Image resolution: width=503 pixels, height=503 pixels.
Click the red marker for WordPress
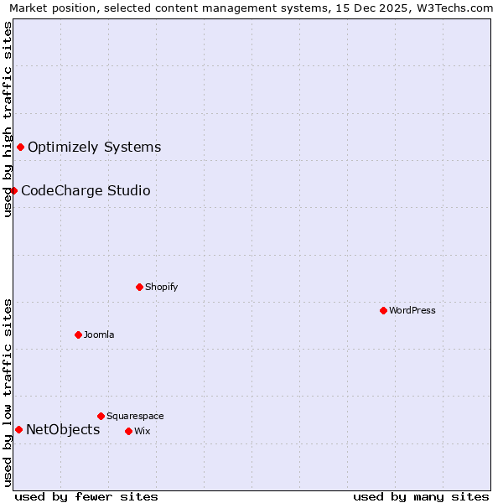click(383, 310)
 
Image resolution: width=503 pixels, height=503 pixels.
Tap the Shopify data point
click(139, 287)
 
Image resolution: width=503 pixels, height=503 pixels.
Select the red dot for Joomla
click(78, 334)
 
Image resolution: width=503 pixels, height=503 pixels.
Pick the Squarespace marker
click(101, 416)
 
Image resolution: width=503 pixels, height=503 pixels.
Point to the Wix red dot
click(128, 431)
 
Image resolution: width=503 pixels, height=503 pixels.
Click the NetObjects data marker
click(18, 430)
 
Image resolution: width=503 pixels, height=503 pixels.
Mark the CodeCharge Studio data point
click(14, 191)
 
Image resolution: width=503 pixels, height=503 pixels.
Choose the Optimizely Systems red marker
click(21, 148)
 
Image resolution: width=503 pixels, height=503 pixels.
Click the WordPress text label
click(412, 310)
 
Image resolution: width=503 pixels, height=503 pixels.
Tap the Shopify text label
click(161, 287)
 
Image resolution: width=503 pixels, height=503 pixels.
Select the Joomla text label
click(99, 334)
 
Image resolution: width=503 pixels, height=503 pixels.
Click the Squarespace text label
click(135, 416)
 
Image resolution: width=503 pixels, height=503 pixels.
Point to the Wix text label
click(142, 431)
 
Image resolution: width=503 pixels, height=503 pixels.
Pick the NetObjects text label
click(63, 430)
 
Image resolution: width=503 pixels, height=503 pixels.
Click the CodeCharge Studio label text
click(86, 191)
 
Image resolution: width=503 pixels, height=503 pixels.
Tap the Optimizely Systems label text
click(94, 148)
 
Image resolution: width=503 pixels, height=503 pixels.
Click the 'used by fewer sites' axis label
click(86, 496)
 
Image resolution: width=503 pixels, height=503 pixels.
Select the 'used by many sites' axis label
click(421, 496)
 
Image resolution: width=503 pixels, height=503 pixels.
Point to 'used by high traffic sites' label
click(8, 119)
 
